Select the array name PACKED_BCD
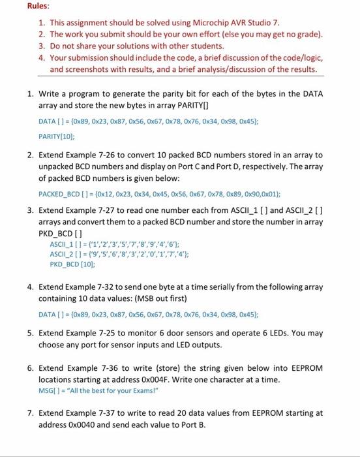pos(62,194)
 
